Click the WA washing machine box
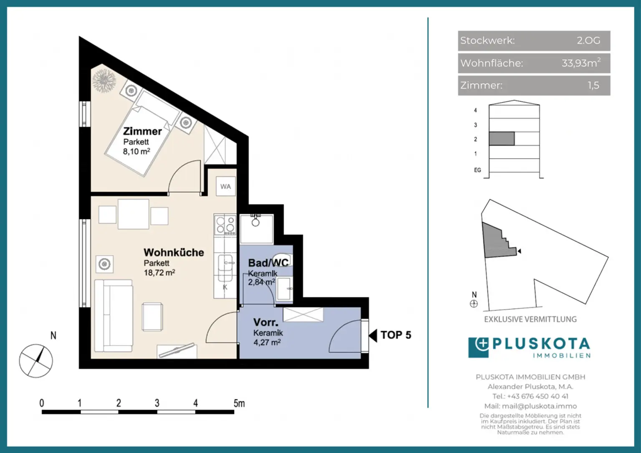[x=225, y=186]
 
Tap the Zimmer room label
[x=142, y=131]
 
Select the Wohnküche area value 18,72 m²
[x=159, y=272]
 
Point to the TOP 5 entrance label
[x=396, y=335]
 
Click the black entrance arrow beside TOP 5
[x=373, y=335]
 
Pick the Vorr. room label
[x=266, y=322]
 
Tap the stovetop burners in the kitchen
[x=225, y=225]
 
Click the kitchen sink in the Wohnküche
[x=225, y=263]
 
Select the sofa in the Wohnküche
[x=114, y=316]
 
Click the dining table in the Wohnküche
[x=134, y=214]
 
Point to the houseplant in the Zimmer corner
[x=104, y=81]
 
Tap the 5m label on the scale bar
[x=239, y=403]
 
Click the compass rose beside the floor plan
[x=36, y=361]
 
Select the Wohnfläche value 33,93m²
[x=581, y=63]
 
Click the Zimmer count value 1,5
[x=593, y=85]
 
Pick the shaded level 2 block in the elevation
[x=502, y=139]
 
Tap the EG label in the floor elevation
[x=477, y=170]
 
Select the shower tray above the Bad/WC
[x=257, y=229]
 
